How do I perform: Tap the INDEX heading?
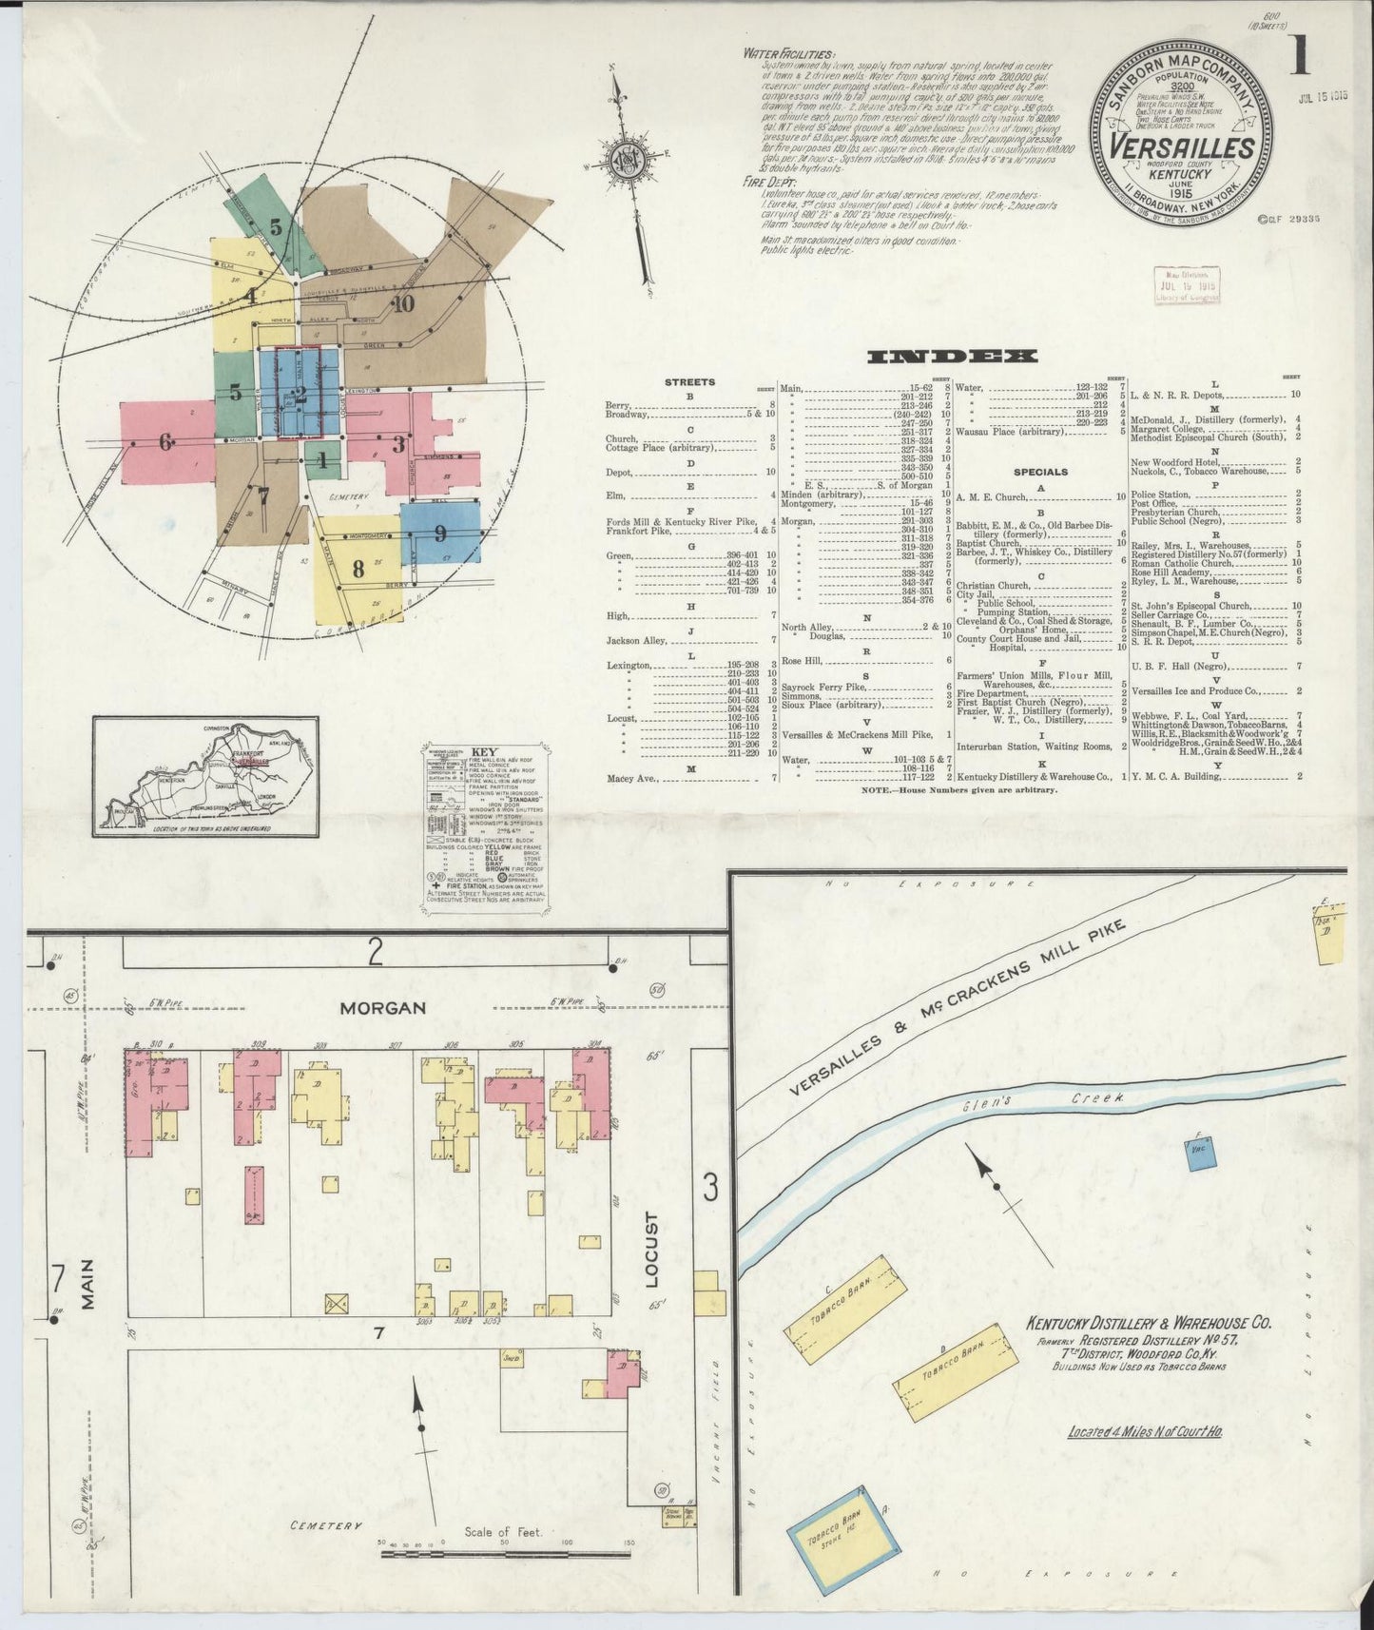pyautogui.click(x=952, y=357)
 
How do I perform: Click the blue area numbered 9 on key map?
pyautogui.click(x=438, y=534)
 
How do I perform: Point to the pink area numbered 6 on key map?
pyautogui.click(x=165, y=442)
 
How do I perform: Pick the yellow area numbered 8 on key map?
pyautogui.click(x=358, y=570)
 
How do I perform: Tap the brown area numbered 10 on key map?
pyautogui.click(x=403, y=303)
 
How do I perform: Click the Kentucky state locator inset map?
pyautogui.click(x=205, y=776)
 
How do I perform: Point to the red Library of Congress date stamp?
pyautogui.click(x=1186, y=285)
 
